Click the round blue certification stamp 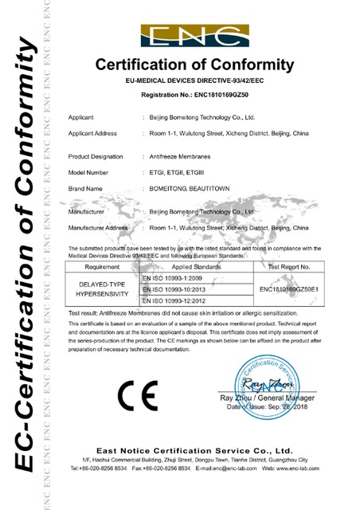pos(268,379)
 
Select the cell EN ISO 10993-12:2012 pos(174,301)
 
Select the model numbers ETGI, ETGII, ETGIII pos(176,172)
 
